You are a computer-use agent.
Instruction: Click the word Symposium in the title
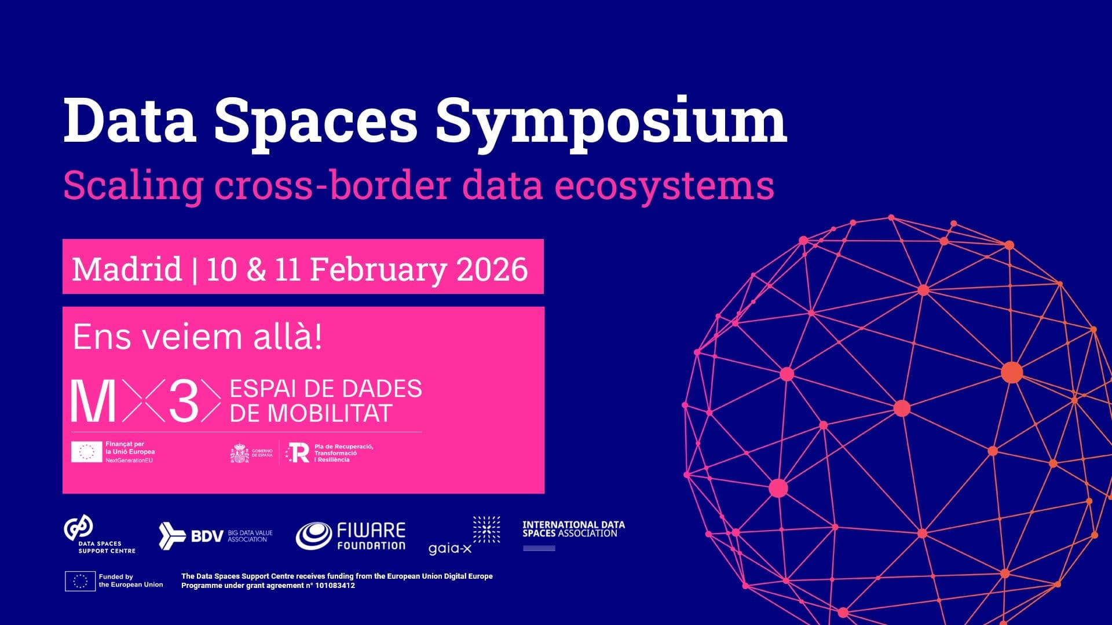(611, 120)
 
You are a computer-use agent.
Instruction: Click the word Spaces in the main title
(316, 120)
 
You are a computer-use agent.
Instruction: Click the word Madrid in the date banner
(127, 269)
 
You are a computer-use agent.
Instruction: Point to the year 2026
(492, 269)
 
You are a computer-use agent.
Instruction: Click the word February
(378, 269)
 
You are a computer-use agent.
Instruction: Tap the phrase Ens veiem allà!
(197, 337)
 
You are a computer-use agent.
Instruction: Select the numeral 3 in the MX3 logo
(184, 401)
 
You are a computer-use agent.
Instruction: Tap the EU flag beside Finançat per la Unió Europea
(86, 452)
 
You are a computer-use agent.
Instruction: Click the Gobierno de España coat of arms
(240, 453)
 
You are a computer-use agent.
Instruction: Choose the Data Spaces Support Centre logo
(100, 535)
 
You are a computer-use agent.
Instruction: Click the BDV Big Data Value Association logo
(215, 536)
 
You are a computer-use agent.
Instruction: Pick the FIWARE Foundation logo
(351, 536)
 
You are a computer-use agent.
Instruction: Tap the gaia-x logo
(464, 536)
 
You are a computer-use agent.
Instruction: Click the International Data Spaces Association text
(573, 529)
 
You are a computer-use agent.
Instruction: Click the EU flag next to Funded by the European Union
(80, 580)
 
